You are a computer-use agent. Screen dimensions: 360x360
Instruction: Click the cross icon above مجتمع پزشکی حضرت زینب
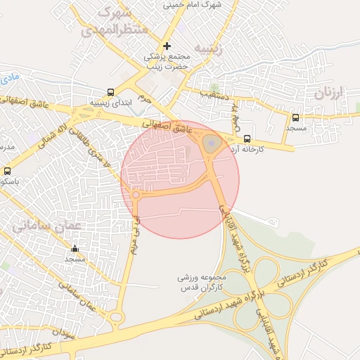click(x=167, y=46)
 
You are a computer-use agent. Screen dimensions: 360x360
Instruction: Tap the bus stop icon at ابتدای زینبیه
click(x=110, y=92)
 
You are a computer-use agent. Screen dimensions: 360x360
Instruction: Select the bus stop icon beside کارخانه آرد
click(x=247, y=139)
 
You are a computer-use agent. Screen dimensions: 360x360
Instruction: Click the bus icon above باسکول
click(x=7, y=171)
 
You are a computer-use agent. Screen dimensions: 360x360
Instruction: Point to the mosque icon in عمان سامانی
click(x=75, y=248)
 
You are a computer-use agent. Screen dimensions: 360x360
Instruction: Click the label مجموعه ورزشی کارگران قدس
click(x=200, y=283)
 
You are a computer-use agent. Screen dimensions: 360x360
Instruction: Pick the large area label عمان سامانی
click(x=48, y=226)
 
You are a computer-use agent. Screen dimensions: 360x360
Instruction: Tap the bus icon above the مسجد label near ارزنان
click(x=295, y=117)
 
